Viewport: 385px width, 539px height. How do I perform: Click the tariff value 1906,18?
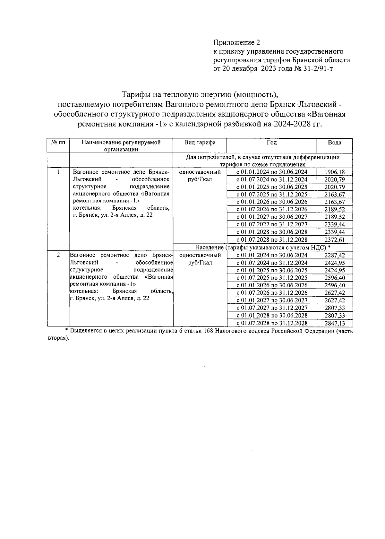coord(335,172)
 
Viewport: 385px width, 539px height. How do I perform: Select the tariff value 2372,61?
coord(335,240)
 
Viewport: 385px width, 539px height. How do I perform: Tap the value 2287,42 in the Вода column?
coord(335,255)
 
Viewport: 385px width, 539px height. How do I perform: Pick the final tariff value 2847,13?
coord(335,323)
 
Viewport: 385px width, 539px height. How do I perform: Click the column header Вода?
coord(335,143)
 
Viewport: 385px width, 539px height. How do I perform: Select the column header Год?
coord(271,143)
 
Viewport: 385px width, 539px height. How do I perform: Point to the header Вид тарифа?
coord(200,143)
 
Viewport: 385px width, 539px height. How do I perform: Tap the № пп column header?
coord(58,143)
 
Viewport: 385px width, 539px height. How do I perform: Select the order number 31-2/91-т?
coord(318,69)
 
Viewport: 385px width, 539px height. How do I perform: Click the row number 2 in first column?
coord(58,255)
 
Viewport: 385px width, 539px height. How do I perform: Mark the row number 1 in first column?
coord(58,172)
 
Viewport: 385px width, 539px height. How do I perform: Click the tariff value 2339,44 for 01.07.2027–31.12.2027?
coord(335,225)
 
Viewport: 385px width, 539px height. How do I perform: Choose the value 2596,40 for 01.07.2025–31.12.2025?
coord(335,278)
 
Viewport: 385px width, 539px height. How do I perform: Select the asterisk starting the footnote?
coord(67,331)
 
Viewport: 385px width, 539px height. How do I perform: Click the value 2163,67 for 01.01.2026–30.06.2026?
coord(335,202)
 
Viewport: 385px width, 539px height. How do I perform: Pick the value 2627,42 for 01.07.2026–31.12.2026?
coord(335,293)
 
